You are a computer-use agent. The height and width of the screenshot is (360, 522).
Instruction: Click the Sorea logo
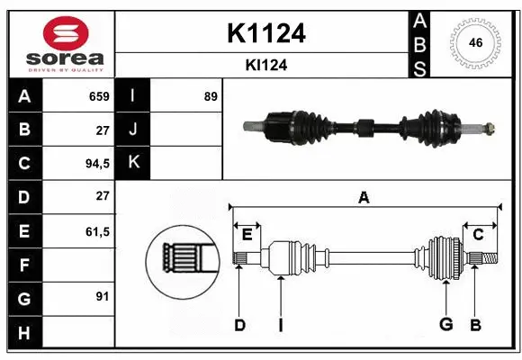coord(60,44)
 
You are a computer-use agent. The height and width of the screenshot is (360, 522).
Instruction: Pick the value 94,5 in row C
coord(97,164)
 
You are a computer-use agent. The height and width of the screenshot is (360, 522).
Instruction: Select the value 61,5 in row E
coord(97,231)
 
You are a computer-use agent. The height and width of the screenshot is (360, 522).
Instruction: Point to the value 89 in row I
coord(211,96)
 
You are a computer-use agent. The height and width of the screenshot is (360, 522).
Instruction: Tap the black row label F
coord(23,265)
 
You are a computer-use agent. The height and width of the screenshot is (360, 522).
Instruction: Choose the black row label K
coord(133,163)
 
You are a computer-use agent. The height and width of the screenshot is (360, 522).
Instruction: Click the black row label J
coord(133,130)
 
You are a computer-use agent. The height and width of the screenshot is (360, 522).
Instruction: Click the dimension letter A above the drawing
coord(364,197)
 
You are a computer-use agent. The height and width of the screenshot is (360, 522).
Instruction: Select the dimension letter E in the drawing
coord(247,235)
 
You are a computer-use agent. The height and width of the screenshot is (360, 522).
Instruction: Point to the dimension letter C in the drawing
coord(479,235)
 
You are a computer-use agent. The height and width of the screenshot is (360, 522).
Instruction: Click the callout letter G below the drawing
coord(445,325)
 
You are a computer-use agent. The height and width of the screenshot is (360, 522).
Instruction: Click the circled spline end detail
coord(183,258)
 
